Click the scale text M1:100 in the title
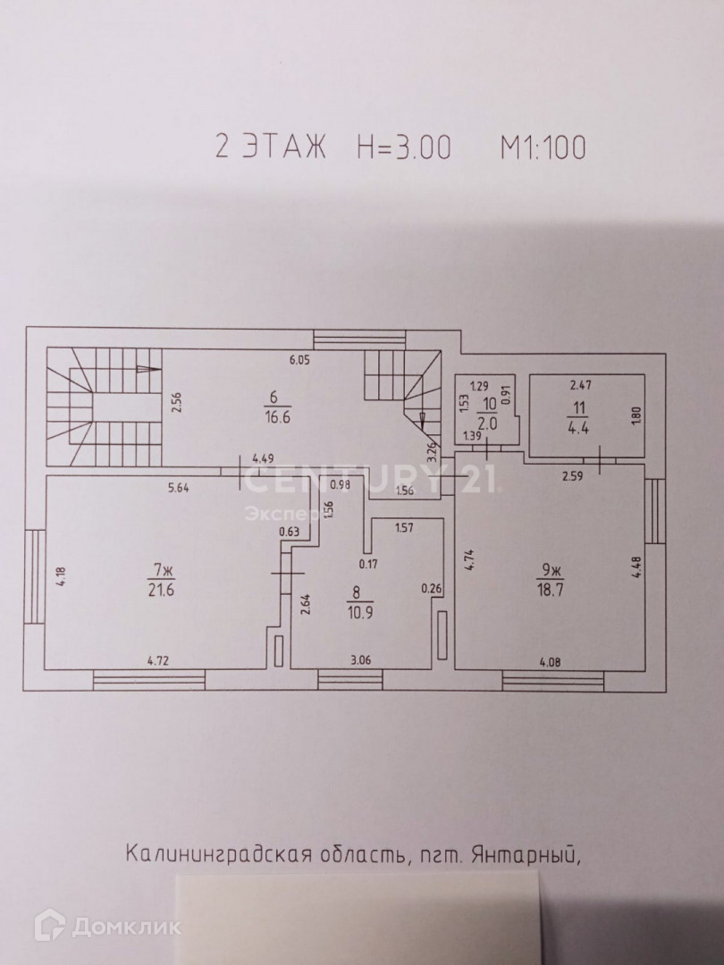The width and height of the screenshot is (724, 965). (531, 147)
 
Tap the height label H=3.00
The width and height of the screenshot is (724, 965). (404, 147)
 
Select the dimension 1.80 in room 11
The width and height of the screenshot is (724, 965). (636, 416)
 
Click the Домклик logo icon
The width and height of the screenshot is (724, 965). (47, 926)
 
